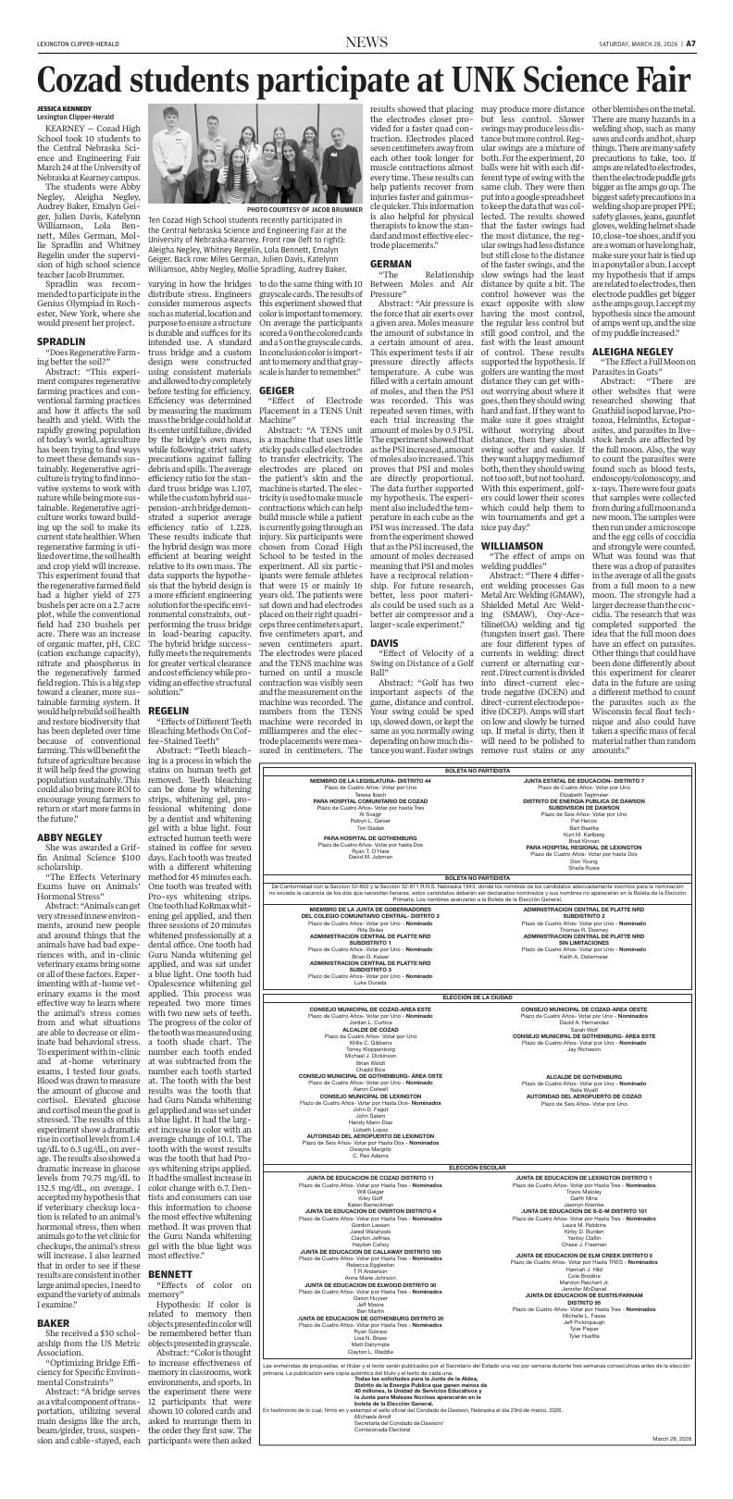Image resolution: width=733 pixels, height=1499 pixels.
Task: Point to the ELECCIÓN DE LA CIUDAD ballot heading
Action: tap(477, 996)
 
